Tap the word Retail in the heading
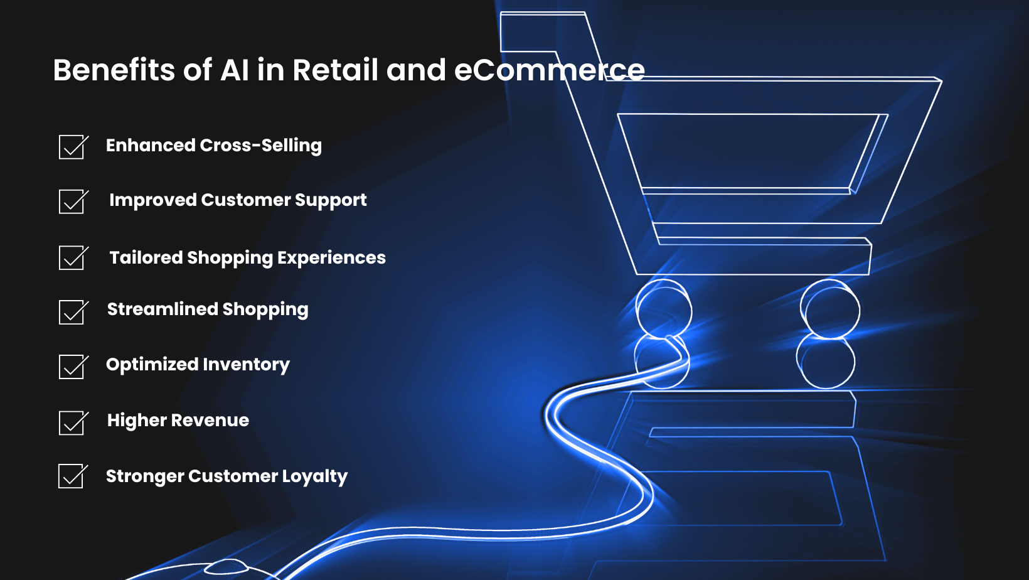coord(335,70)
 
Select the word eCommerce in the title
coord(549,70)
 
